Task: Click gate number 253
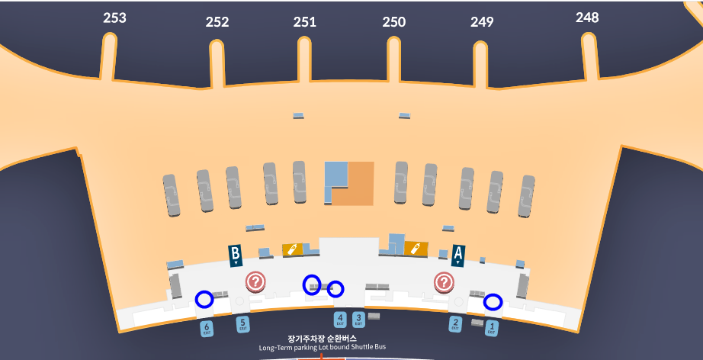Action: point(114,18)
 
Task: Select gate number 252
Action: point(217,22)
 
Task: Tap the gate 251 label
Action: point(305,22)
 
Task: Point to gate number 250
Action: point(394,22)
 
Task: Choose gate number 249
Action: point(482,22)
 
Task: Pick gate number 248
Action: point(587,18)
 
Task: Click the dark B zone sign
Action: point(236,254)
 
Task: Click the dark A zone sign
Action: point(458,254)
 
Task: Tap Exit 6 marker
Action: point(207,329)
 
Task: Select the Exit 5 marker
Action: point(243,324)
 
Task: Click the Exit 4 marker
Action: point(340,320)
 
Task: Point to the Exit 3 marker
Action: point(358,320)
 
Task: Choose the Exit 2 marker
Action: point(456,324)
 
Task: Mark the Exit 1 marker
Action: point(492,329)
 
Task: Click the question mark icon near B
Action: point(255,282)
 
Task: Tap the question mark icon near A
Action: point(444,282)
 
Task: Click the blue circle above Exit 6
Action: point(204,299)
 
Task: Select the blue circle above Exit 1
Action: point(493,302)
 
